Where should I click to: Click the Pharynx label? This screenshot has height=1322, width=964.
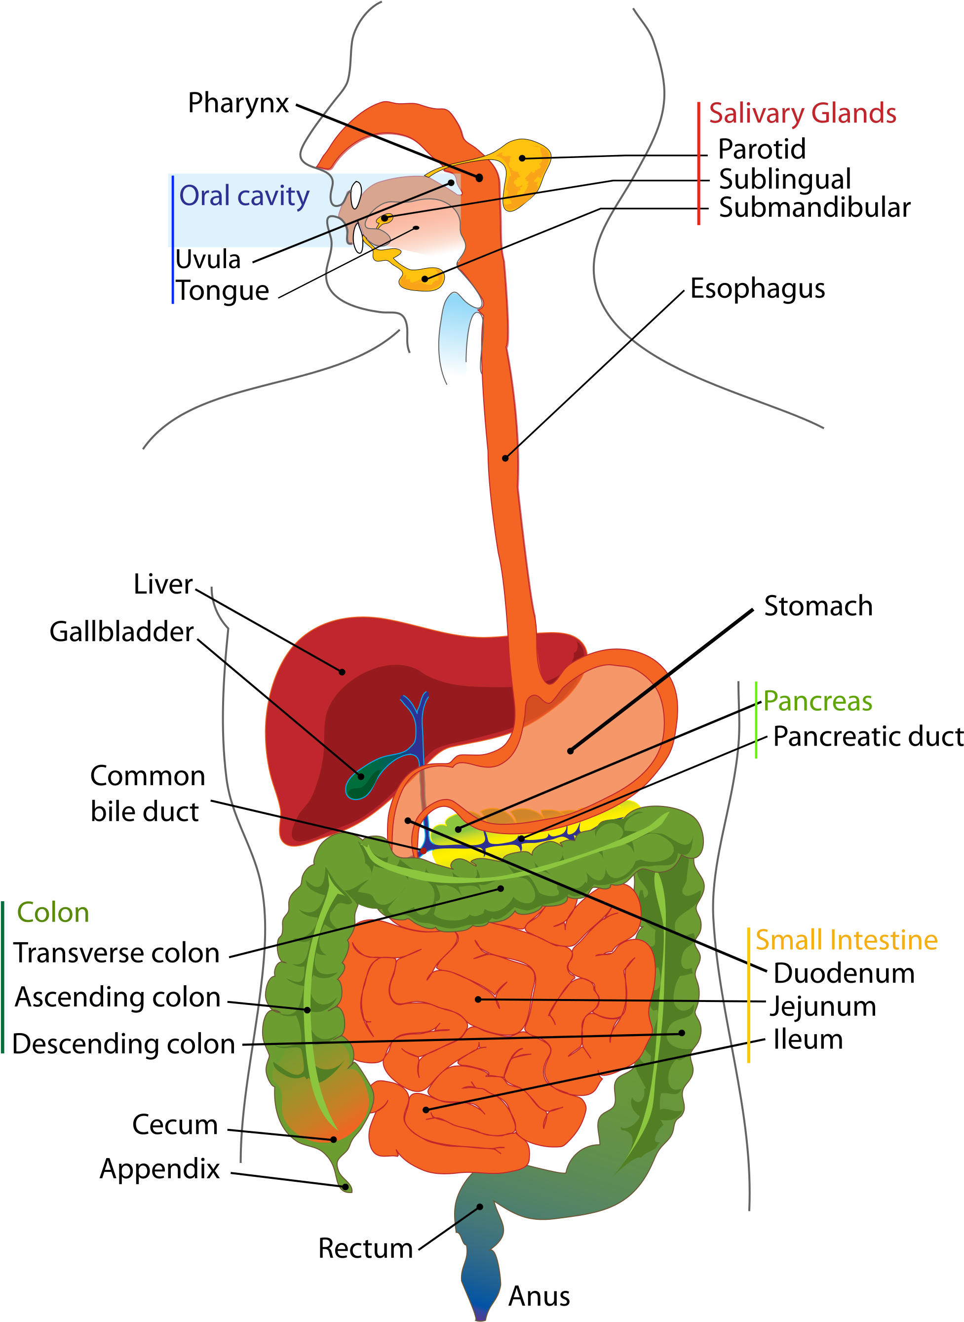[x=238, y=104]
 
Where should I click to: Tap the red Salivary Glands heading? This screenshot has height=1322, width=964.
[x=803, y=113]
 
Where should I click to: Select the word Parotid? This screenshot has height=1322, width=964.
[x=762, y=149]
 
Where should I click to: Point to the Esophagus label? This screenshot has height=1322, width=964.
[x=757, y=289]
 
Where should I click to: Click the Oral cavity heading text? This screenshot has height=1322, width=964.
[x=244, y=196]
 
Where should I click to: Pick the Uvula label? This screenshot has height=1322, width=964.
[x=208, y=259]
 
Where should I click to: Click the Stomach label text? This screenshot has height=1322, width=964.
[x=818, y=606]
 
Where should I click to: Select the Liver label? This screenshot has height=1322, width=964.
[x=163, y=584]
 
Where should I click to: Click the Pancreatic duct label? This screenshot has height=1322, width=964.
[x=868, y=737]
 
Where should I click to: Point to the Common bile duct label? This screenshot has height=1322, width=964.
[x=147, y=794]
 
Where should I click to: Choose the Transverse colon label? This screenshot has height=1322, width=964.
[x=116, y=953]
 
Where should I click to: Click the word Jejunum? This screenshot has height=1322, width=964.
[x=823, y=1007]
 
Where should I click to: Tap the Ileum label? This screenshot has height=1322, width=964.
[x=808, y=1040]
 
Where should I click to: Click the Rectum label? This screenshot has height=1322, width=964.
[x=365, y=1248]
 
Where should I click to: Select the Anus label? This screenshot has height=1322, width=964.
[x=539, y=1296]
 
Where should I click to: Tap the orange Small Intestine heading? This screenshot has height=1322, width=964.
[x=847, y=940]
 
